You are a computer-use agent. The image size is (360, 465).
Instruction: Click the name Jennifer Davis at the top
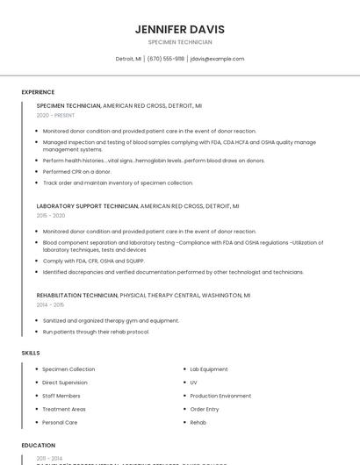pos(179,29)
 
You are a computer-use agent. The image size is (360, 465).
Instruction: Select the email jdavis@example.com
pos(217,59)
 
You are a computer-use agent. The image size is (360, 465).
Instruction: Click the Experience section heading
pos(38,92)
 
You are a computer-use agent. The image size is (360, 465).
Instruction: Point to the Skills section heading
pos(31,353)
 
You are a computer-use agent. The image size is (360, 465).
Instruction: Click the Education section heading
pos(38,445)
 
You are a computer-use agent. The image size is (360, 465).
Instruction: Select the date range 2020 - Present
pos(55,115)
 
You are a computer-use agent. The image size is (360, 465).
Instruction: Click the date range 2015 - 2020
pos(51,215)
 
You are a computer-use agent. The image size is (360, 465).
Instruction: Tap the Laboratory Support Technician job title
pos(88,205)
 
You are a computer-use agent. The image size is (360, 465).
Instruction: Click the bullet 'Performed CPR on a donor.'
pos(77,171)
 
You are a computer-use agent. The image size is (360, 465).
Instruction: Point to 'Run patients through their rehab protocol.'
pos(96,332)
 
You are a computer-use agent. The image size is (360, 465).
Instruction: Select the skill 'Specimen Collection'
pos(68,369)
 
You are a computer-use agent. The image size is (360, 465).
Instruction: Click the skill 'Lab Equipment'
pos(209,369)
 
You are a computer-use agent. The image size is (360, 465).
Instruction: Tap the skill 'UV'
pos(193,383)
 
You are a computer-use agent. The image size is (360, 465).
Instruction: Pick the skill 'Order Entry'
pos(205,409)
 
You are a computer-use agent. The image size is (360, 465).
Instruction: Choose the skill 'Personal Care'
pos(60,422)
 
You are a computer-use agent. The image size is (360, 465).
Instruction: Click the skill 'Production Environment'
pos(220,396)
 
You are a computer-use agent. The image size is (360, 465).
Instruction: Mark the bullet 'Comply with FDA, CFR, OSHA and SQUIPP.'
pos(94,261)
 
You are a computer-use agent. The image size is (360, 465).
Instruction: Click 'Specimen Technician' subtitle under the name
pos(179,41)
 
